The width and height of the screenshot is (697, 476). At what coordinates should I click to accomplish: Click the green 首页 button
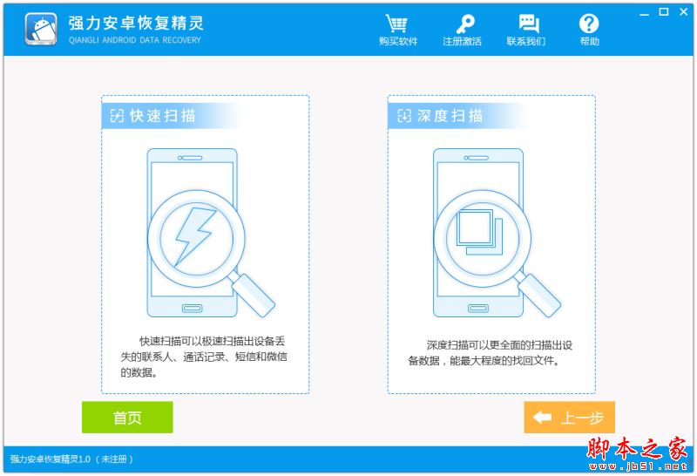[127, 418]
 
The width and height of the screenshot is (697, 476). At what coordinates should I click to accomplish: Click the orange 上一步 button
[569, 418]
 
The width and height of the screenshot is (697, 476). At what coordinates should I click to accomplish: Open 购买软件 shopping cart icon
[397, 24]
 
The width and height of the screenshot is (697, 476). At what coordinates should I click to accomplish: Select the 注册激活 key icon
[462, 24]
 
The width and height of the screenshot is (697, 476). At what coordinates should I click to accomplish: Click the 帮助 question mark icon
[589, 24]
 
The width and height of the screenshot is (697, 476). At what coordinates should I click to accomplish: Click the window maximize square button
[664, 11]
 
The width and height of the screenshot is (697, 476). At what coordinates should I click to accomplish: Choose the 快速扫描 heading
[162, 116]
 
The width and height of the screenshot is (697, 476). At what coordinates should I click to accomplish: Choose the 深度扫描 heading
[449, 116]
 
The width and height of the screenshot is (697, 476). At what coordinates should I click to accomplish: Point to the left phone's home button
[193, 308]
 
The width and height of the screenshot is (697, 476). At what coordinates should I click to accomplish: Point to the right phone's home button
[478, 308]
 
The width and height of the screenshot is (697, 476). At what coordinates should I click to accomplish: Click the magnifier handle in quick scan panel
[254, 295]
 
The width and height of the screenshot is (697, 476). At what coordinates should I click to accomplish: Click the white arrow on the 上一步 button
[542, 418]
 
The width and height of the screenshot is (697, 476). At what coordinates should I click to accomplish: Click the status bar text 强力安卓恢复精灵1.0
[51, 459]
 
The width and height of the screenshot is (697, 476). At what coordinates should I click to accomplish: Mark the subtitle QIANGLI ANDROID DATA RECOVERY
[134, 39]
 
